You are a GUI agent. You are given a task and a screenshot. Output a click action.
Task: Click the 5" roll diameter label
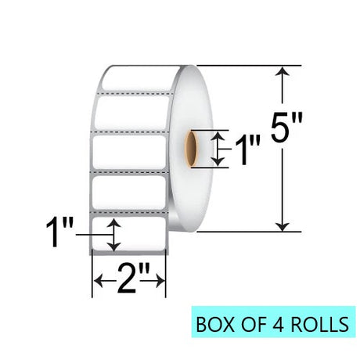[x=286, y=128]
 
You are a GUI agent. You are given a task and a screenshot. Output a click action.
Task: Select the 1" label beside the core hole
[x=247, y=150]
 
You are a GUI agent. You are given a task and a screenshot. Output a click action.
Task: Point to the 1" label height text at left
[x=59, y=232]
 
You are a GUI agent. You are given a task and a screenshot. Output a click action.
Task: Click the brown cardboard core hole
[x=192, y=149]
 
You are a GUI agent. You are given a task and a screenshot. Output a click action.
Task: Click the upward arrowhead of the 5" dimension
[x=283, y=70]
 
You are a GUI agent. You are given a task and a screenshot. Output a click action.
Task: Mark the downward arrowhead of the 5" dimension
[x=283, y=226]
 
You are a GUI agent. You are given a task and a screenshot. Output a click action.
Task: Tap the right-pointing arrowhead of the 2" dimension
[x=160, y=282]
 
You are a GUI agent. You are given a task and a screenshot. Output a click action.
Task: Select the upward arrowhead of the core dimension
[x=218, y=135]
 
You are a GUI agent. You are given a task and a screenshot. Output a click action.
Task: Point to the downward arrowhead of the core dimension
[x=218, y=163]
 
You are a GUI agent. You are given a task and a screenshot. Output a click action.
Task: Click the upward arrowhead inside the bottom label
[x=114, y=222]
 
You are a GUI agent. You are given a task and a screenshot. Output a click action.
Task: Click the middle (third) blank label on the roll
[x=130, y=152]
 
